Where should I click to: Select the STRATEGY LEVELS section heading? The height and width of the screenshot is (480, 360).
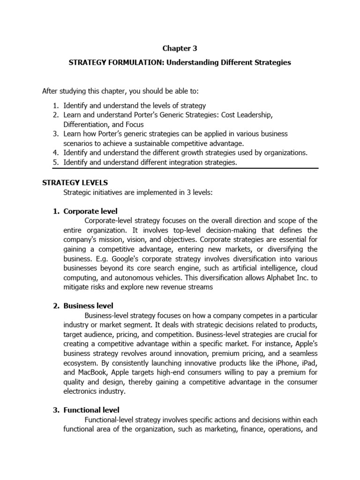[x=75, y=182]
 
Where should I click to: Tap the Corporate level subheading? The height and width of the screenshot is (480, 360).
[x=90, y=211]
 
